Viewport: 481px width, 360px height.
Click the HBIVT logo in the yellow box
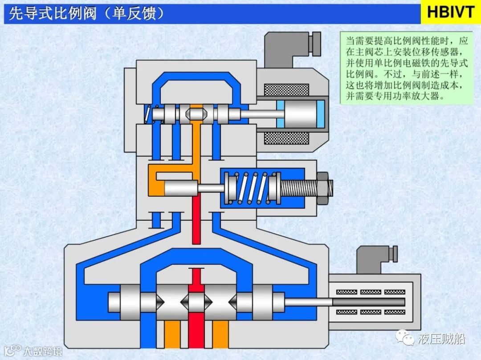(450, 12)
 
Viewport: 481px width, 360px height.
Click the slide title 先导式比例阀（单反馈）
(87, 14)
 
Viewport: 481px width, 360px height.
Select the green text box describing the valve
(407, 68)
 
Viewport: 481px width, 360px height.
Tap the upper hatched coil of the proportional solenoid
(286, 90)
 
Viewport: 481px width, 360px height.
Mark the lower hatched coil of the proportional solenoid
(286, 138)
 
